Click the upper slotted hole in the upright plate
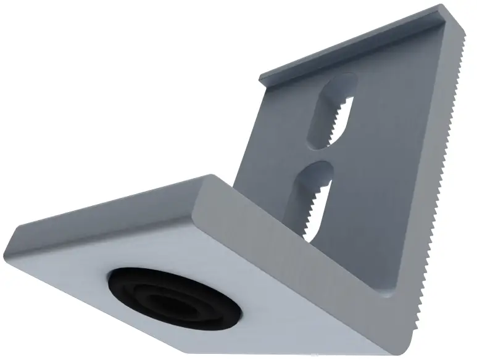[333, 111]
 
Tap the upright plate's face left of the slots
[278, 142]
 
